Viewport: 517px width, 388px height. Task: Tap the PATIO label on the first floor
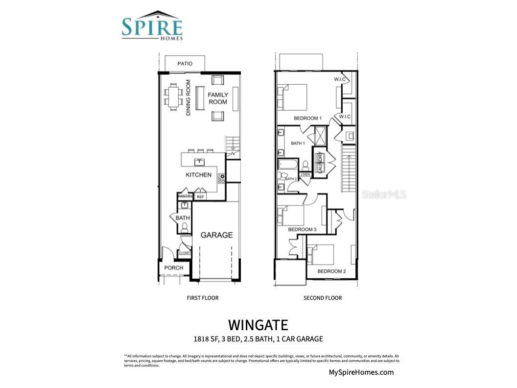(185, 64)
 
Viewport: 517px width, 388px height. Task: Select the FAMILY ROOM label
(218, 98)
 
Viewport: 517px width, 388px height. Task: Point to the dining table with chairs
(174, 96)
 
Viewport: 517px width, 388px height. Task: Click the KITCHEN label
(198, 175)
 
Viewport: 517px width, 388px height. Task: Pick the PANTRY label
(185, 196)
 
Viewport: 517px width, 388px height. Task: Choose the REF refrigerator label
(200, 196)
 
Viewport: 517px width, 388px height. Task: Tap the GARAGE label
(216, 235)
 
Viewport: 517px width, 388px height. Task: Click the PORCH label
(173, 268)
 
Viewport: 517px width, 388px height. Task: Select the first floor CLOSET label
(185, 253)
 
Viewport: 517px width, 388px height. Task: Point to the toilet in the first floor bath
(185, 228)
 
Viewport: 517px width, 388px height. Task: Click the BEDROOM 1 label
(307, 118)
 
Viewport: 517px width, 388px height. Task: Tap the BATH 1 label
(298, 144)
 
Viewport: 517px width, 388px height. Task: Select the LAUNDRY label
(319, 163)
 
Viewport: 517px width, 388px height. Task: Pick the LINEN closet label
(305, 174)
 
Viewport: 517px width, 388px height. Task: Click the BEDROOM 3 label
(302, 229)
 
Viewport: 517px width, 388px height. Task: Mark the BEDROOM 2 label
(331, 271)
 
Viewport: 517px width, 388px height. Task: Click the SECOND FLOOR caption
(323, 298)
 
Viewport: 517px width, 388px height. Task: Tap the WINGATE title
(258, 324)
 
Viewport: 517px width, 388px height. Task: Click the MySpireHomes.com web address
(361, 372)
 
